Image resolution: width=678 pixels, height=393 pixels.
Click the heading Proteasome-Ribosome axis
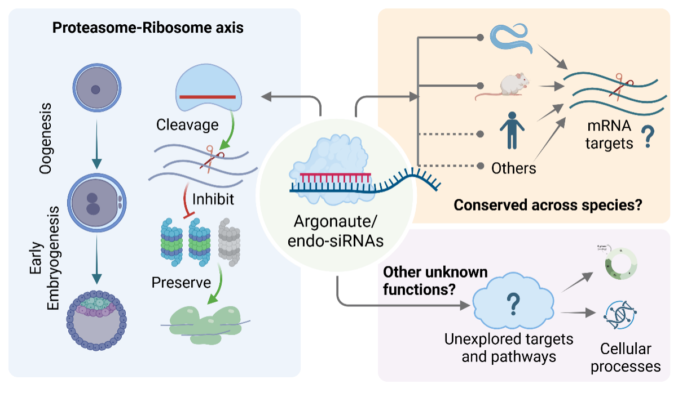click(x=148, y=28)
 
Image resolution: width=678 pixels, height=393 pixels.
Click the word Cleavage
click(x=187, y=125)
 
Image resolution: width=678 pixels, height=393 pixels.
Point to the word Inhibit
click(x=212, y=199)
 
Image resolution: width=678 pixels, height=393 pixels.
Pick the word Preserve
click(x=181, y=282)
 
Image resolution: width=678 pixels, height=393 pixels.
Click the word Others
click(x=513, y=167)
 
